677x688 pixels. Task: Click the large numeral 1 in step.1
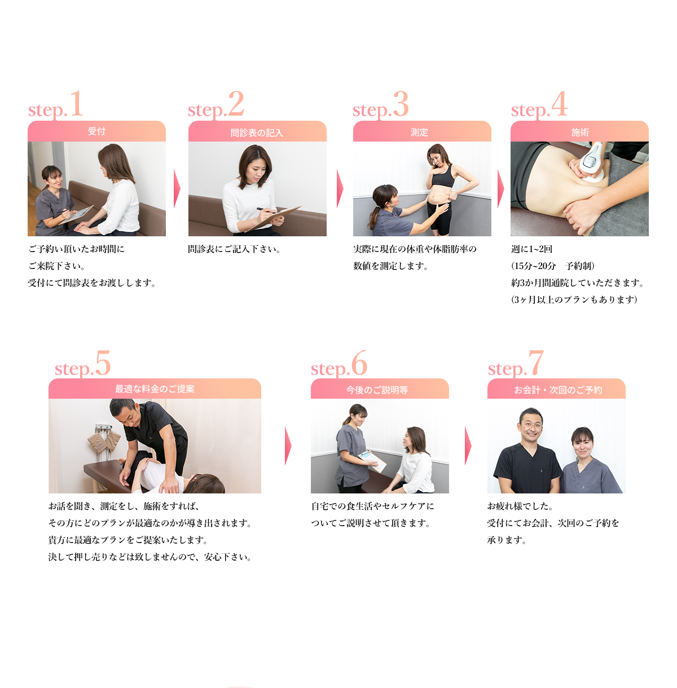coord(77,104)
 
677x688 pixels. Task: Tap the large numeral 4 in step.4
coord(559,104)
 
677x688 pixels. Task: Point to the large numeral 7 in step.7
coord(537,363)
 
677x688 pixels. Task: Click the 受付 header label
coord(96,131)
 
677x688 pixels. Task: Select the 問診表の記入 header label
coord(257,133)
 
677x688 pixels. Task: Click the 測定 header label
coord(419,133)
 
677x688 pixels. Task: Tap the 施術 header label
coord(580,133)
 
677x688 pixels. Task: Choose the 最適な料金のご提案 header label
coord(155,389)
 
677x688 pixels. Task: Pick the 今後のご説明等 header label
coord(377,390)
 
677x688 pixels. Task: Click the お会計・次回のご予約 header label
coord(558,390)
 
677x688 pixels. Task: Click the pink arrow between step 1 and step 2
coord(177,188)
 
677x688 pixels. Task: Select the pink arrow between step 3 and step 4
coord(500,188)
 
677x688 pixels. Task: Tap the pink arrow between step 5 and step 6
coord(288,446)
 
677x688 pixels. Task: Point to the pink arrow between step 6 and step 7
coord(468,446)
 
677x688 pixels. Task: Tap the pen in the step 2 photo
coord(266,210)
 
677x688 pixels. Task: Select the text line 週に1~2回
coord(531,249)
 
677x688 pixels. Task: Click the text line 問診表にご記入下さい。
coord(234,249)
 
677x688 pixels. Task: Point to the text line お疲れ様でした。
coord(520,506)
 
